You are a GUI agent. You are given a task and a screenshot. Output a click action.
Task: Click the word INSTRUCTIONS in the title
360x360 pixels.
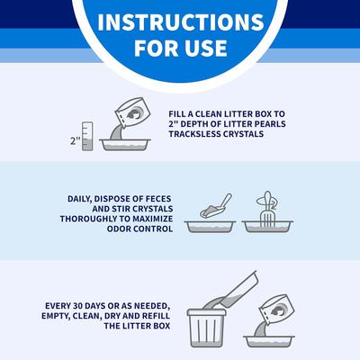coord(180,22)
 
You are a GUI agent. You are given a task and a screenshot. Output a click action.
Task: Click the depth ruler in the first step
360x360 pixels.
coord(87,136)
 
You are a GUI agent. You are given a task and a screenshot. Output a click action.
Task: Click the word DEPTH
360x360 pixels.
coord(201,124)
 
